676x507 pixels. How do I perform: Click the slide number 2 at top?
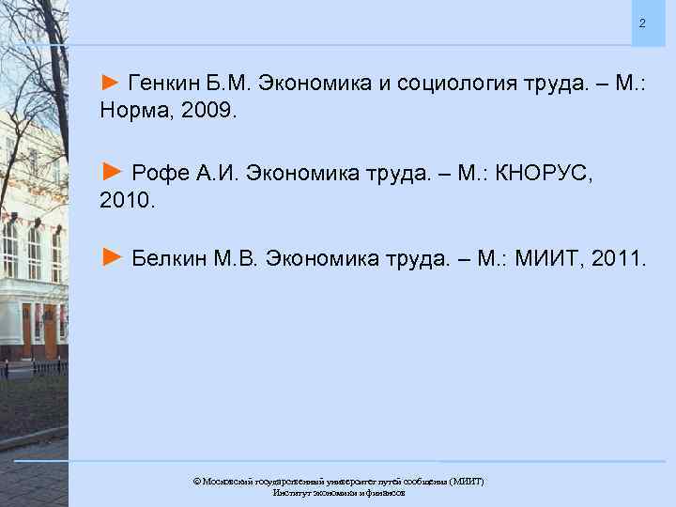pos(642,23)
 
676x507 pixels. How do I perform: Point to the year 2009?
pos(213,112)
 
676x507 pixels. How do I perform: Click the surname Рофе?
pos(155,173)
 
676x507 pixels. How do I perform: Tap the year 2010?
pos(124,201)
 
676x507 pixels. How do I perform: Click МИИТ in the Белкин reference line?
pos(545,258)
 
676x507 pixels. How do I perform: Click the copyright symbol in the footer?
pos(196,481)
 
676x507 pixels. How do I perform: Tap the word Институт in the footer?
pos(291,492)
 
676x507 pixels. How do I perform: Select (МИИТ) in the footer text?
pos(467,481)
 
